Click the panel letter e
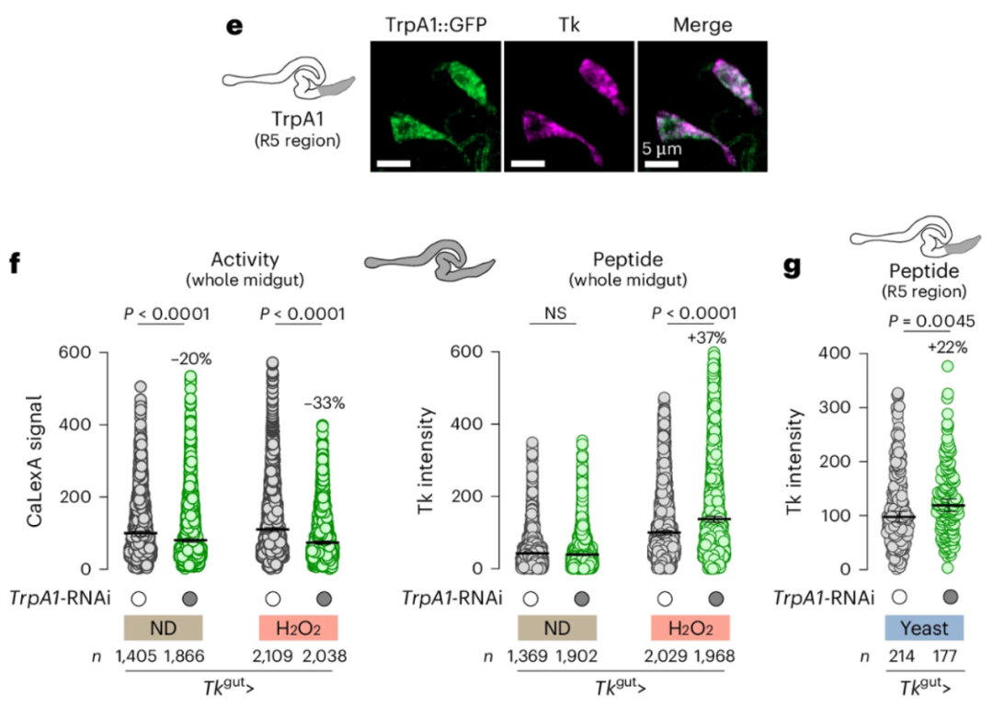click(x=234, y=26)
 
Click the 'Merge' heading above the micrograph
click(x=702, y=25)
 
